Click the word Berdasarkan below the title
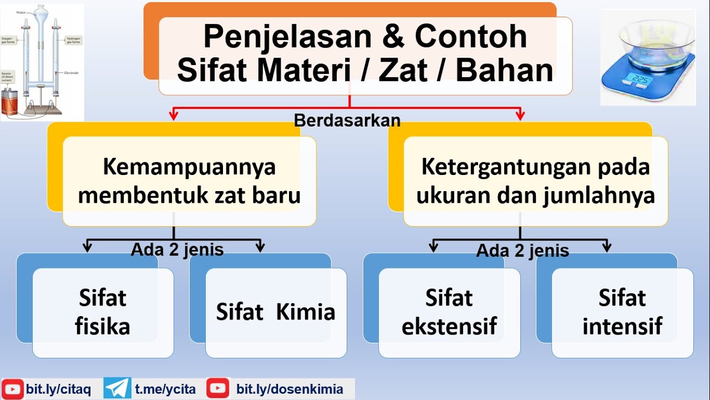tap(347, 120)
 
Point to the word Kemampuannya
tap(189, 167)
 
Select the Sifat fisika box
tap(103, 312)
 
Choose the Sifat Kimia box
tap(276, 312)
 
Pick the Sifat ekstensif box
tap(449, 312)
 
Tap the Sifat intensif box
tap(622, 312)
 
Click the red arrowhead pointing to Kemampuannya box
tap(174, 116)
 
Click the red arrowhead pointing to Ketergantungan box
tap(520, 116)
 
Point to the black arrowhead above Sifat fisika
tap(87, 247)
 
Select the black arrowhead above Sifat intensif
tap(606, 247)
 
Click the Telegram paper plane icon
tap(118, 388)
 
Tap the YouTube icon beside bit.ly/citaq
tap(13, 389)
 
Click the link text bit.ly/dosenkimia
tap(290, 389)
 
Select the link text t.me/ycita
tap(165, 389)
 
